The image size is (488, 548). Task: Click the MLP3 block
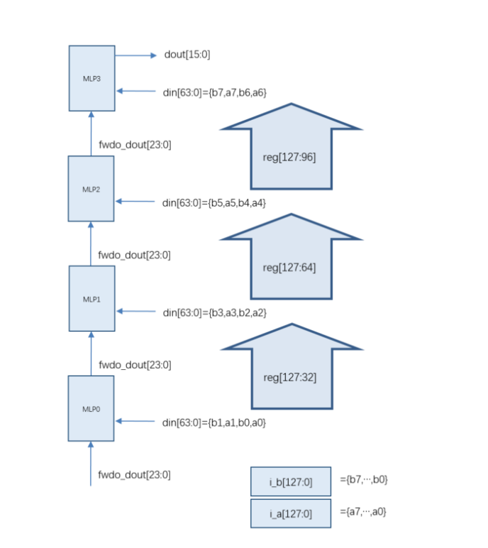pos(91,78)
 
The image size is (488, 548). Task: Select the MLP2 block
pos(91,189)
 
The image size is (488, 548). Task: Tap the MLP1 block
pos(91,299)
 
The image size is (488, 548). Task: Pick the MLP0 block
pos(91,408)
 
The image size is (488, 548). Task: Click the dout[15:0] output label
pos(187,55)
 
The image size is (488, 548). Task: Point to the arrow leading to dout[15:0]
pos(135,55)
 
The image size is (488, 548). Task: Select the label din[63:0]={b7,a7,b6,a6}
pos(214,92)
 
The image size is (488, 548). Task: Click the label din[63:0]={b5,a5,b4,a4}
pos(214,202)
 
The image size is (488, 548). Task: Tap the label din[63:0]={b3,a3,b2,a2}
pos(214,312)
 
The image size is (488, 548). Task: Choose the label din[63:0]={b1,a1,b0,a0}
pos(214,422)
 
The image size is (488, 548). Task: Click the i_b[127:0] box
pos(291,482)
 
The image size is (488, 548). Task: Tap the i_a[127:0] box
pos(291,513)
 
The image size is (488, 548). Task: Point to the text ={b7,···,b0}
pos(364,480)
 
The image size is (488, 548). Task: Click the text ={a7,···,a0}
pos(364,511)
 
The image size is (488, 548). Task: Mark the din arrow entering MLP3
pos(135,91)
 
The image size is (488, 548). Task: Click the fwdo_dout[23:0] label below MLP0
pos(134,475)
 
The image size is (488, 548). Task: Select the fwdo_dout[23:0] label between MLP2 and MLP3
pos(134,144)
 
